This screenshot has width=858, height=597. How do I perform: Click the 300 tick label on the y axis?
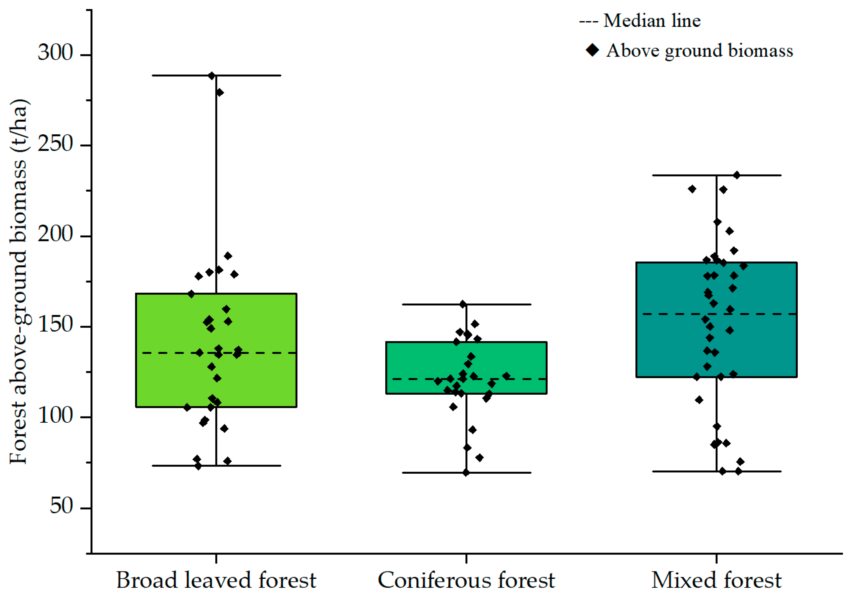tap(55, 52)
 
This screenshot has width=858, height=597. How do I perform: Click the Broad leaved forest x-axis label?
tap(216, 580)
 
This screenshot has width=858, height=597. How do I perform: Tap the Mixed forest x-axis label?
tap(716, 580)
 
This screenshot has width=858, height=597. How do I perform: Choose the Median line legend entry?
tap(640, 21)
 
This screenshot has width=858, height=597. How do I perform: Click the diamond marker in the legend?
tap(593, 50)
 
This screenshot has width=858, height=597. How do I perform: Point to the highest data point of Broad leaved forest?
tap(212, 76)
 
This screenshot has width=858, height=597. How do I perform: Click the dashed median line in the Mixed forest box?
tap(673, 314)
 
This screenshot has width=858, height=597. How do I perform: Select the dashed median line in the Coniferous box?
tap(411, 379)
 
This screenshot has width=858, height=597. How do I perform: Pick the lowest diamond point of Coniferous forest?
tap(466, 473)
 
